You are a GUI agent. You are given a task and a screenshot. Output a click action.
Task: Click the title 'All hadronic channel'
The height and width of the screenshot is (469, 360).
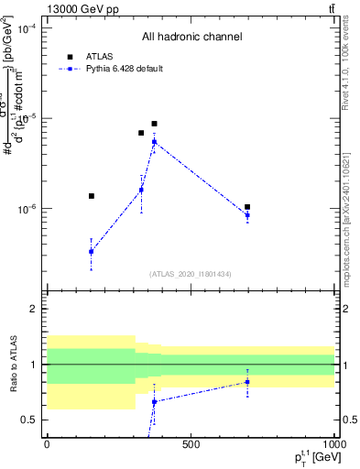(x=191, y=38)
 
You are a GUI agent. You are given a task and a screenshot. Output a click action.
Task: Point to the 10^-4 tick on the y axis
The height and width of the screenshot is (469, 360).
(x=27, y=28)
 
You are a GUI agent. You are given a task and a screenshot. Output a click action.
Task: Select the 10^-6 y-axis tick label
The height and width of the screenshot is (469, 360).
(x=27, y=209)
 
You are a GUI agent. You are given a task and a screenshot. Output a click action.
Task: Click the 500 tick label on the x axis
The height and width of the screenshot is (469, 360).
(x=191, y=445)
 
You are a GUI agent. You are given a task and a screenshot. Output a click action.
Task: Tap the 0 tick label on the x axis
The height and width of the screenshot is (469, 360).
(x=47, y=445)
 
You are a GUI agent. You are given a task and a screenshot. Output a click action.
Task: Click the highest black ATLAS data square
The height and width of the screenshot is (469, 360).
(x=154, y=124)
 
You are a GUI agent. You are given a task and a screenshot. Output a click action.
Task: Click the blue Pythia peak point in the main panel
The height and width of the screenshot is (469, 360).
(x=154, y=141)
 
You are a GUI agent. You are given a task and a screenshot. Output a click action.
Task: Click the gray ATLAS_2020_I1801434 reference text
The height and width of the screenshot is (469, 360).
(x=191, y=274)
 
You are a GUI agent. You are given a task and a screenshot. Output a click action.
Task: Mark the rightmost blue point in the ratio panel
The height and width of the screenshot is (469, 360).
(x=247, y=382)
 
